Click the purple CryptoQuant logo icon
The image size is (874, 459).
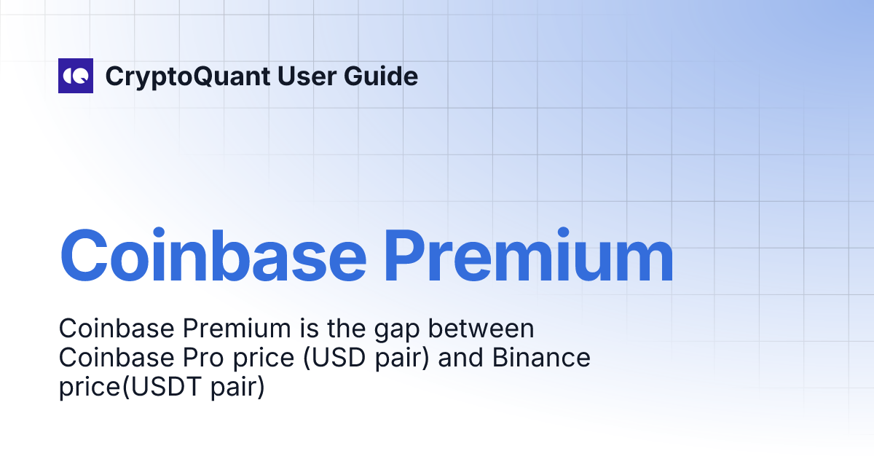coord(76,76)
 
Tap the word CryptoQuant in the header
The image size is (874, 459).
coord(188,77)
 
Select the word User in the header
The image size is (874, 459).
coord(307,76)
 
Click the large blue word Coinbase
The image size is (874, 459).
coord(213,255)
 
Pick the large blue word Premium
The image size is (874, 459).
coord(529,255)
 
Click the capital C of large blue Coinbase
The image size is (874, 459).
coord(84,255)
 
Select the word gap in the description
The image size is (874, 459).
coord(397,331)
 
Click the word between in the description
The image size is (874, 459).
coord(481,329)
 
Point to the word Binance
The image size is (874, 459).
coord(541,358)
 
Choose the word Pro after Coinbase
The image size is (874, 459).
coord(203,358)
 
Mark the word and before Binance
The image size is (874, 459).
coord(460,358)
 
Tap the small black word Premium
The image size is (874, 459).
coord(237,329)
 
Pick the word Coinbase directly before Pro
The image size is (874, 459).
coord(117,358)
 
